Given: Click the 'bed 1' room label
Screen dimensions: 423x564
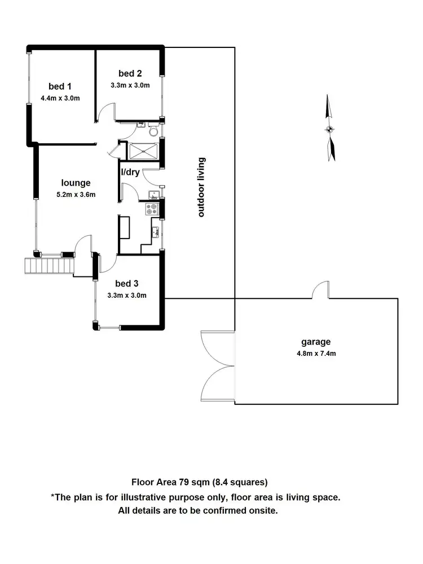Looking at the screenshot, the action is pyautogui.click(x=60, y=86).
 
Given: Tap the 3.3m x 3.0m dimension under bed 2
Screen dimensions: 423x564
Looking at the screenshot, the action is pyautogui.click(x=130, y=86).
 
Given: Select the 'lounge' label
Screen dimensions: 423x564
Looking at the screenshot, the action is pyautogui.click(x=76, y=183).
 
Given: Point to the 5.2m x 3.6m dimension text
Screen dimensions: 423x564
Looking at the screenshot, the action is pyautogui.click(x=76, y=195).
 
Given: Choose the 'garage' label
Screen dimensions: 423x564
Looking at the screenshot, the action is pyautogui.click(x=315, y=341).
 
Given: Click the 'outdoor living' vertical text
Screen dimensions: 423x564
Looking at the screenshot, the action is pyautogui.click(x=201, y=187).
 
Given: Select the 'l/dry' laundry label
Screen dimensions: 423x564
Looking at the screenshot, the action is pyautogui.click(x=130, y=172).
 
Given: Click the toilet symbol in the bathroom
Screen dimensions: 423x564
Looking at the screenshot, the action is pyautogui.click(x=153, y=131).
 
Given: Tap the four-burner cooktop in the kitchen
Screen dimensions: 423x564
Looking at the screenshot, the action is pyautogui.click(x=153, y=209).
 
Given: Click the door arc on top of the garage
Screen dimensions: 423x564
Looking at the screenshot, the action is pyautogui.click(x=321, y=290).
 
